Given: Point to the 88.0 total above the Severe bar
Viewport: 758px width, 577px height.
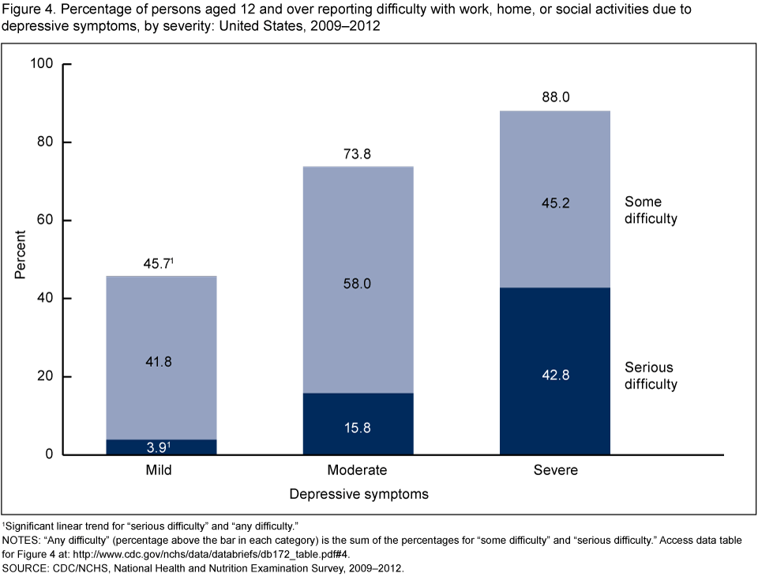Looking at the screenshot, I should point(555,98).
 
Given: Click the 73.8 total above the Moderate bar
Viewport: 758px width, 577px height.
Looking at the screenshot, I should point(358,154).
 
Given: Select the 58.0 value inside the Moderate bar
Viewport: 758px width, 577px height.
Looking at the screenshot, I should point(358,283).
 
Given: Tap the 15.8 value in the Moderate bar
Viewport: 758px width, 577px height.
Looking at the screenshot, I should point(358,428).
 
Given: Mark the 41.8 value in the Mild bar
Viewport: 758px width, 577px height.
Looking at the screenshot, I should point(160,361).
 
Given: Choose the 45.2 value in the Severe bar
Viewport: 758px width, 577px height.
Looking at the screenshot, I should point(555,203).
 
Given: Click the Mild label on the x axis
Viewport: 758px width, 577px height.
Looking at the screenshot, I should point(160,470).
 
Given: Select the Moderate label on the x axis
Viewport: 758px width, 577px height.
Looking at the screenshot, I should point(358,470).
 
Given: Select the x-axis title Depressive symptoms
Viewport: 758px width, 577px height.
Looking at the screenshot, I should point(358,495).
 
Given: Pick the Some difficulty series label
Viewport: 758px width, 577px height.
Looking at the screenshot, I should point(651,210).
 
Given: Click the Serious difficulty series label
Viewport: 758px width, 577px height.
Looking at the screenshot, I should point(651,376).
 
